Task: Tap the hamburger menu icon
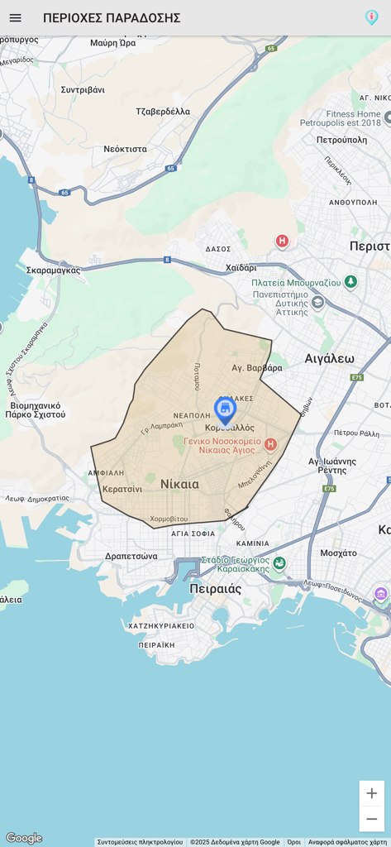click(15, 17)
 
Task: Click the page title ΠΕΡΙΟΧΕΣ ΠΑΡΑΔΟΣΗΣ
click(112, 18)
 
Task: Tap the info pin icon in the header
click(371, 17)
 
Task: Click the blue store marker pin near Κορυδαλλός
click(225, 409)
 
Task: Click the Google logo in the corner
click(24, 838)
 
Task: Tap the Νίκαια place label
click(179, 484)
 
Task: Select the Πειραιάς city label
click(215, 589)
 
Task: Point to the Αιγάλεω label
click(329, 358)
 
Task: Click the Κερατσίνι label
click(122, 489)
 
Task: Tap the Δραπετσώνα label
click(131, 556)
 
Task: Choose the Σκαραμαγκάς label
click(53, 270)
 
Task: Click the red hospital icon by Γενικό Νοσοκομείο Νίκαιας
click(270, 444)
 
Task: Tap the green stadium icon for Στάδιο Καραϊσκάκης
click(279, 563)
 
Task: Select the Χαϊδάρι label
click(241, 267)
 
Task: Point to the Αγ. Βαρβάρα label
click(257, 368)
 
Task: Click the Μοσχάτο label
click(338, 553)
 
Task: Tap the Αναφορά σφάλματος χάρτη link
click(347, 842)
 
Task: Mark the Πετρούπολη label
click(341, 140)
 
